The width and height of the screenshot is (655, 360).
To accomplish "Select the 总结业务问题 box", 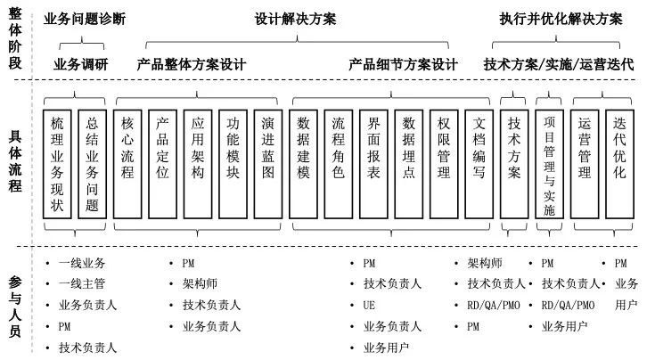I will (x=92, y=161).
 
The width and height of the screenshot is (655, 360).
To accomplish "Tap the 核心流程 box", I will (x=127, y=161).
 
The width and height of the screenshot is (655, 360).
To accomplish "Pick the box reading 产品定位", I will (x=162, y=161).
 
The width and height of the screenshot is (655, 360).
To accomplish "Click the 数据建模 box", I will (x=303, y=161).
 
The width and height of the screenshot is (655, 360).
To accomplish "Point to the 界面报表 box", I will (x=373, y=161).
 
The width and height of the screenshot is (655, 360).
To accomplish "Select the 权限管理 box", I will (x=444, y=161).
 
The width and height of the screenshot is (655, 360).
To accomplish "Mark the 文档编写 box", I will (x=479, y=161).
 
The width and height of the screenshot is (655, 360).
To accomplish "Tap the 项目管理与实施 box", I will (x=549, y=161).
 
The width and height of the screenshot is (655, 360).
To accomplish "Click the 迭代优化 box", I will (x=619, y=161).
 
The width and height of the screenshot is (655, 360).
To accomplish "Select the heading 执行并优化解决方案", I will (x=561, y=19).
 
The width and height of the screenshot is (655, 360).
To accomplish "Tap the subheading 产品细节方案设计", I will (x=403, y=65).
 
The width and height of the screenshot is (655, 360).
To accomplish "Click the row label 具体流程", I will (x=15, y=160).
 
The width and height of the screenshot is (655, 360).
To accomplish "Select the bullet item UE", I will (x=369, y=306).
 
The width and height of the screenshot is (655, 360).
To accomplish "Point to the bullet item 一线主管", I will (x=82, y=284).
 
